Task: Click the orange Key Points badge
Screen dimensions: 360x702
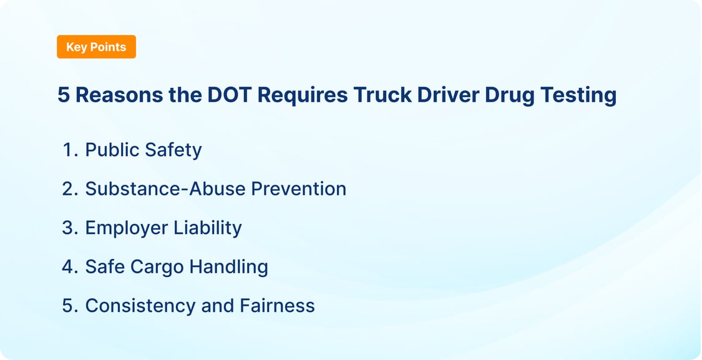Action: click(96, 47)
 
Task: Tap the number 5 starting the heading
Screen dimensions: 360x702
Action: click(63, 95)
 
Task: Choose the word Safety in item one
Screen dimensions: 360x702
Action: click(173, 150)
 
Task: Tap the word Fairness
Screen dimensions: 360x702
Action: click(277, 306)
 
